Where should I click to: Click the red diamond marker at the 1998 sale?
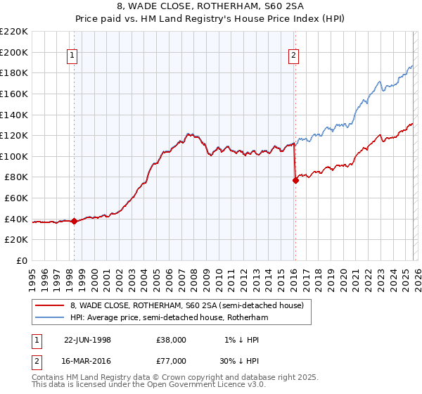75,222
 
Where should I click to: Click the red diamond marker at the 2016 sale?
295,181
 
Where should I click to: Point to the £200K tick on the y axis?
15,52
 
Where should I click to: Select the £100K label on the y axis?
15,156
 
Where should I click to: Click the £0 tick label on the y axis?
21,260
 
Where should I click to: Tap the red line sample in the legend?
50,305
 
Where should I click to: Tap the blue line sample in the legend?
50,318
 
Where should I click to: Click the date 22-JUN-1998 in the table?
87,339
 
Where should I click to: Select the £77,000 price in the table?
171,360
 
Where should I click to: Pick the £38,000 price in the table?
171,339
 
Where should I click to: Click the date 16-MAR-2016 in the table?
87,360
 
